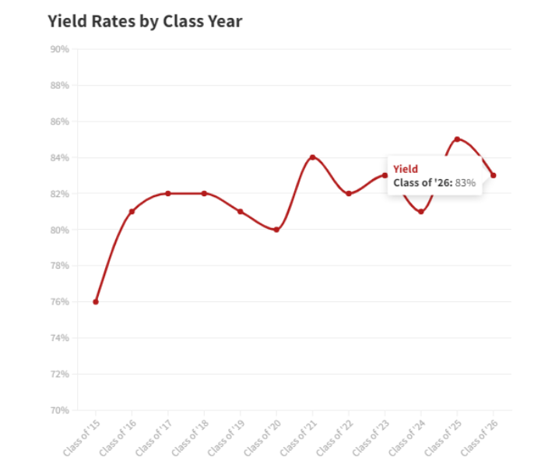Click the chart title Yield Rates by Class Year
[x=145, y=22]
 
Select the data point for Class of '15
[x=96, y=301]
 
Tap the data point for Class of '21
[x=312, y=157]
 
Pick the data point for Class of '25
[x=457, y=139]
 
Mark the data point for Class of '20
[x=276, y=230]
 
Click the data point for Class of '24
[x=421, y=211]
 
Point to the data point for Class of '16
[x=132, y=211]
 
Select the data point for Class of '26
[x=494, y=175]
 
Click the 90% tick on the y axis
[x=59, y=49]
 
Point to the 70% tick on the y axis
[x=59, y=410]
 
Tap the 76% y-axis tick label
[x=59, y=302]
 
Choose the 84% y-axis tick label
[x=59, y=158]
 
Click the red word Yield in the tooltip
[x=406, y=168]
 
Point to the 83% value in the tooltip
[x=465, y=182]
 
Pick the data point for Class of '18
[x=204, y=193]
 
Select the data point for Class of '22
[x=349, y=193]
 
